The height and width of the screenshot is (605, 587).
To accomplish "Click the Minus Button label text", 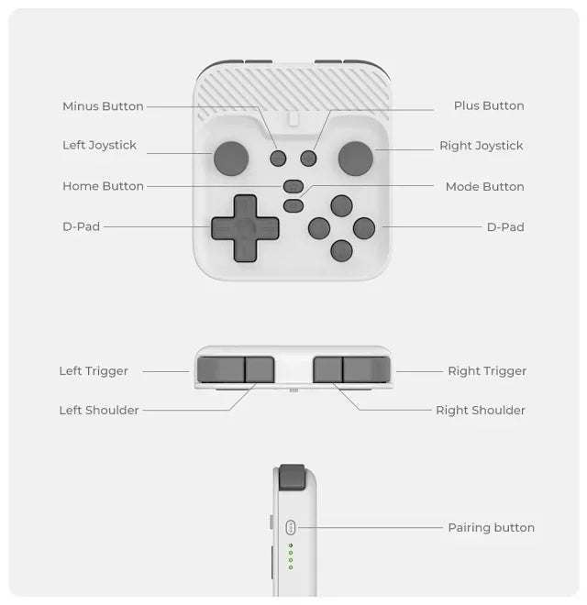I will click(x=103, y=106).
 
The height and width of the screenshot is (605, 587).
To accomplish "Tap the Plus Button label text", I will click(x=489, y=105).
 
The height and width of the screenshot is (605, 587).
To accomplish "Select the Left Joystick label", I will click(x=99, y=145).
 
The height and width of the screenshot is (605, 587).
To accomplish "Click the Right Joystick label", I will click(x=481, y=146).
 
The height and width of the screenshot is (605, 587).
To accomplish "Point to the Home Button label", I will click(x=103, y=186).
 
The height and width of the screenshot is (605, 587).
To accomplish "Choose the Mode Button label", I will click(x=484, y=186).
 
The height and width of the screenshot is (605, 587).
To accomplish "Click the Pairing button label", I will click(x=491, y=527).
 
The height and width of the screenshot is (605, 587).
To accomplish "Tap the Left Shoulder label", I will click(x=99, y=410).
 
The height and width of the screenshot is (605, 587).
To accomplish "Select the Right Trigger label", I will click(x=487, y=371).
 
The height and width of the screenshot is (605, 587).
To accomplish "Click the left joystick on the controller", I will click(x=231, y=158).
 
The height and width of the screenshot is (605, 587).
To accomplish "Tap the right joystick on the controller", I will click(x=355, y=158).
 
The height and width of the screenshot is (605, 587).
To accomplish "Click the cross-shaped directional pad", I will click(x=245, y=228).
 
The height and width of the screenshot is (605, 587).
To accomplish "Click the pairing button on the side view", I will click(x=291, y=527).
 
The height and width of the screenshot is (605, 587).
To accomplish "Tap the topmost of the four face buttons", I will click(x=341, y=205).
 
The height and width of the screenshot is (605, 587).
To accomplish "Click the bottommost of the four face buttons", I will click(x=341, y=249).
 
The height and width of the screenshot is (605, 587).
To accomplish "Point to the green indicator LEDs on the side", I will click(x=291, y=556).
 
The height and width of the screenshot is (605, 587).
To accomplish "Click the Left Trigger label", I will click(x=94, y=371).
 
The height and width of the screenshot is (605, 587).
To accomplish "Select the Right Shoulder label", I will click(x=481, y=410).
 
